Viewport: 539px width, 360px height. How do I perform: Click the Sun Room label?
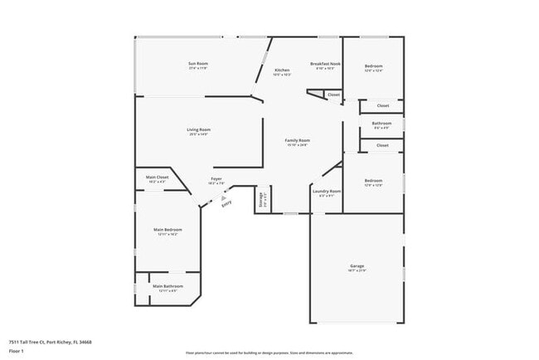197,64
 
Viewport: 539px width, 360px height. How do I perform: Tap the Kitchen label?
282,71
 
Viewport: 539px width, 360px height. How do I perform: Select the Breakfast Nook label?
324,64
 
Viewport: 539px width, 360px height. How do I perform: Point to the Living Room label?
198,129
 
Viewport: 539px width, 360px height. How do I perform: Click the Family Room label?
297,141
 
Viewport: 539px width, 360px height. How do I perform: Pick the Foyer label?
216,179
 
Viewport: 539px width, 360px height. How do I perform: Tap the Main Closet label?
157,177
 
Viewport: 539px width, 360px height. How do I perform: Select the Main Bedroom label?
168,230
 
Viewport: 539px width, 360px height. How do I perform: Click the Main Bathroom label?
168,286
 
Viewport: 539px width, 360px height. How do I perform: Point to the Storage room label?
262,199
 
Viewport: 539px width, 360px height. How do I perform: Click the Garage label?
357,266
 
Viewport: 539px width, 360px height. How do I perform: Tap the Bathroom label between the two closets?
381,124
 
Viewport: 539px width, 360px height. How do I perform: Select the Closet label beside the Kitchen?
333,95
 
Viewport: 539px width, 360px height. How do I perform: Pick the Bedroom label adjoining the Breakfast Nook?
373,66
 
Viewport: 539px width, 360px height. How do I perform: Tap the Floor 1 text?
17,351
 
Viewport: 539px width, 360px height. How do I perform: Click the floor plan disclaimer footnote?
269,353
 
